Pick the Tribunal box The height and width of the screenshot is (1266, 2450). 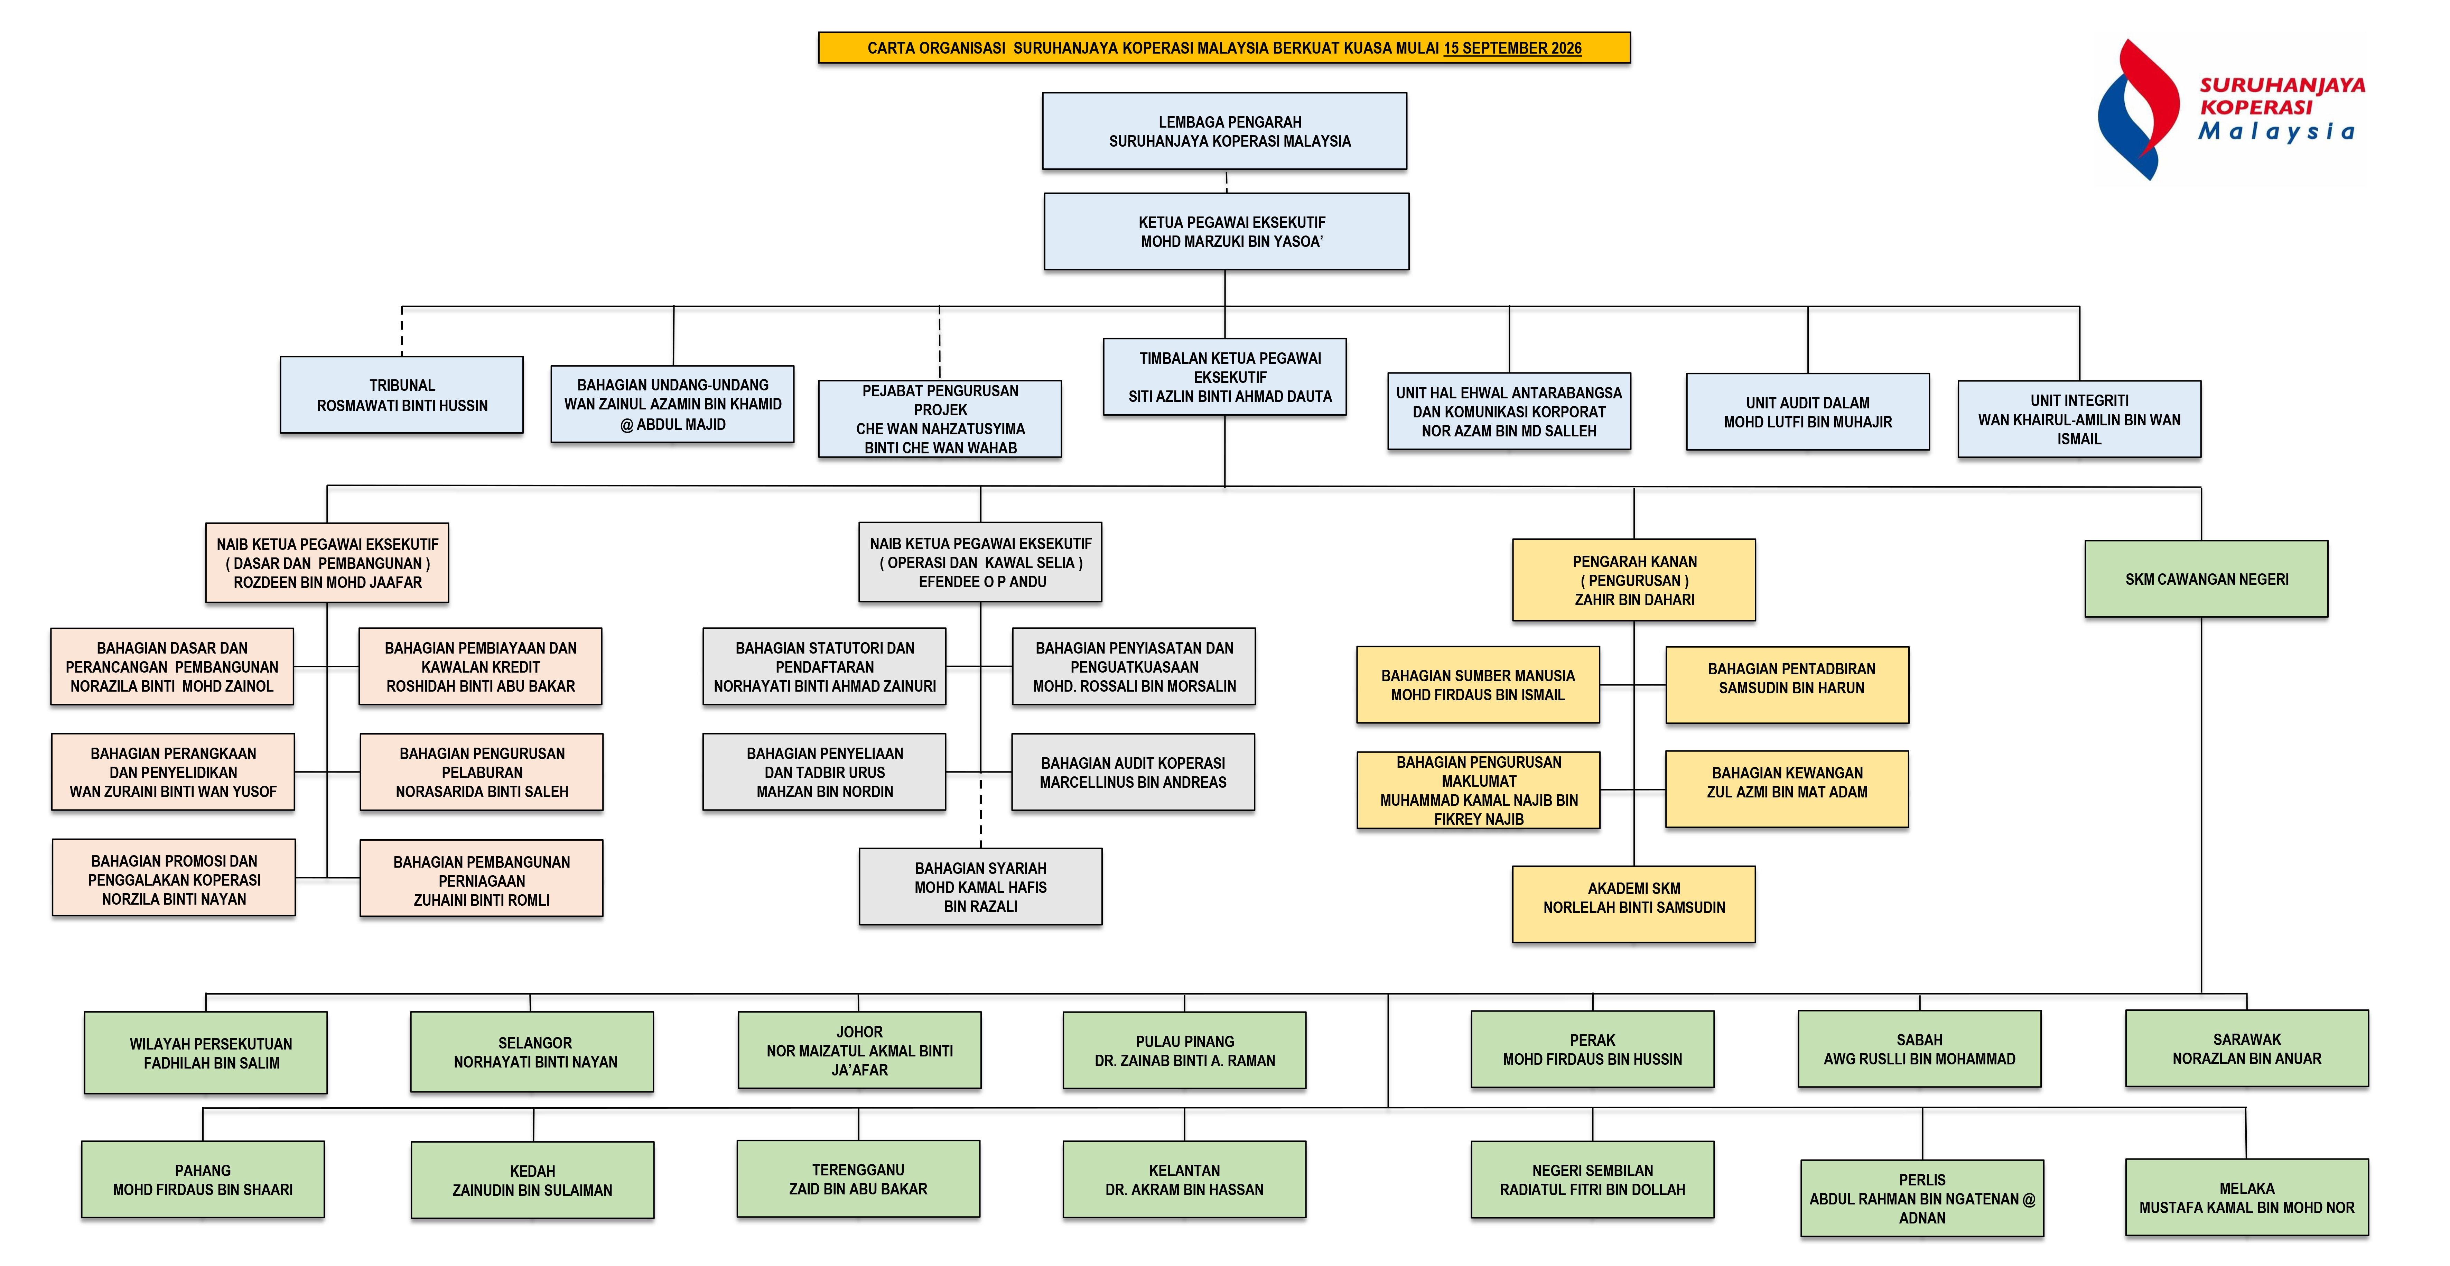(401, 395)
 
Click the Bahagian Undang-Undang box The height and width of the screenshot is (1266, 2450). (672, 404)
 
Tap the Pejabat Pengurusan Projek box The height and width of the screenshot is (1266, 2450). (940, 418)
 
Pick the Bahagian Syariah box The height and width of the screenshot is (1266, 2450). (980, 887)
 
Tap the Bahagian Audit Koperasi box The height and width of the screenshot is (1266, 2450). (1133, 771)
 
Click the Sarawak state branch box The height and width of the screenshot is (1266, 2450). (2246, 1048)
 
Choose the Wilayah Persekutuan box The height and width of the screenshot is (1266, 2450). (205, 1052)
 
